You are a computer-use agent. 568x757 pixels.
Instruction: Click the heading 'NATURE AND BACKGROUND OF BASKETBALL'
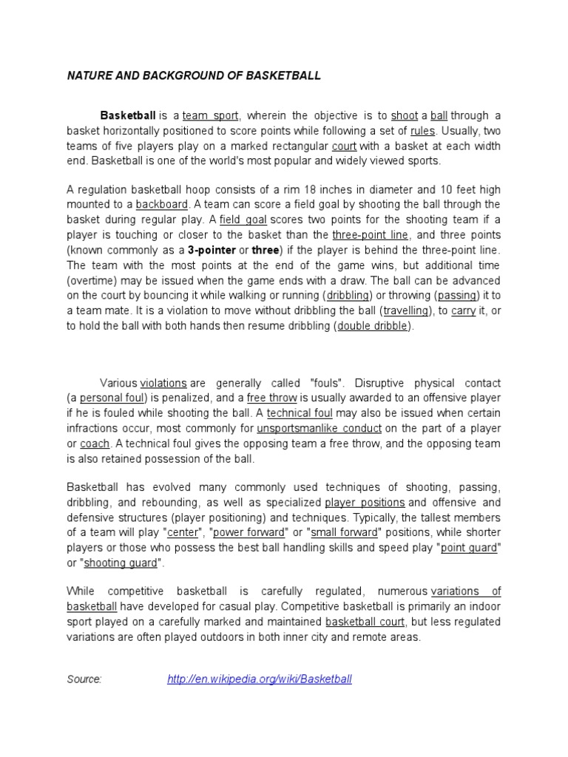click(194, 76)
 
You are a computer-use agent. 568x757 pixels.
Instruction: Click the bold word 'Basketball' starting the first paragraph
click(128, 115)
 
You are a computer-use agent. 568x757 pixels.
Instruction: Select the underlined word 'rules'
click(422, 131)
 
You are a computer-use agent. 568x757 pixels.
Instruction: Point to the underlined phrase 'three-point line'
click(370, 234)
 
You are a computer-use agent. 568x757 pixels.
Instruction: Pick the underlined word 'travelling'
click(406, 311)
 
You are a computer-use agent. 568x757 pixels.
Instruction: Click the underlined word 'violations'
click(163, 383)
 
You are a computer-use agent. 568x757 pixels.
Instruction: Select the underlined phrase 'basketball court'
click(366, 622)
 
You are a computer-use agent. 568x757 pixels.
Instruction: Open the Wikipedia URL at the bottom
click(260, 679)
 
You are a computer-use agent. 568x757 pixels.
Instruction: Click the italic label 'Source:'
click(84, 679)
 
